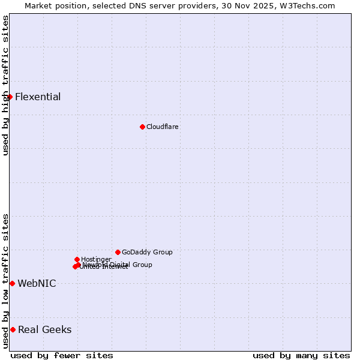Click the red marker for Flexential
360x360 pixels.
[10, 97]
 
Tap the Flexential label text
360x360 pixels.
[38, 97]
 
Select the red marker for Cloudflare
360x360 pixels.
[142, 127]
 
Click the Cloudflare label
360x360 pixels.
[163, 127]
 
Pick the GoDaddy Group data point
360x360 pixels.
[118, 252]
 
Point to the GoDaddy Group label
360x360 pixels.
[147, 253]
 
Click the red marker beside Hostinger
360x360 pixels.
[77, 259]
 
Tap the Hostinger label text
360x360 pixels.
[96, 259]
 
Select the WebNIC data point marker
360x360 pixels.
[12, 283]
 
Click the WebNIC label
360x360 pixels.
[37, 284]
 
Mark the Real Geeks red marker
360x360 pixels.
[13, 329]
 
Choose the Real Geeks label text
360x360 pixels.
[44, 330]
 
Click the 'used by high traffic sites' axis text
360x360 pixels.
[5, 86]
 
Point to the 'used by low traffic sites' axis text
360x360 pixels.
[5, 281]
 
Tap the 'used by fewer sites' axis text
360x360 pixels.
[62, 356]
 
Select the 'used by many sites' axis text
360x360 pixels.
[301, 356]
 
